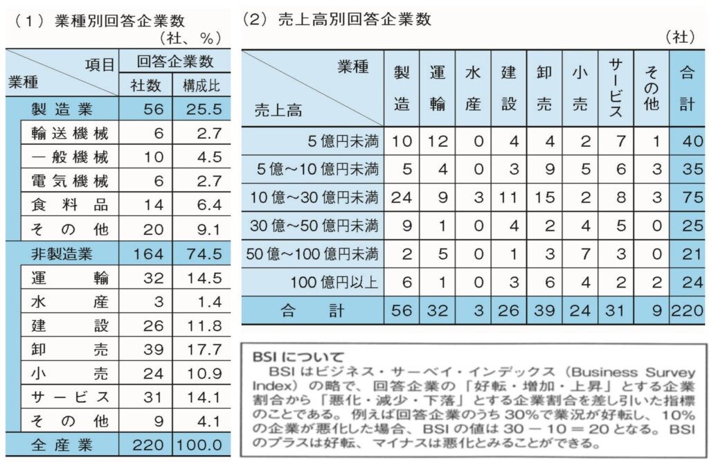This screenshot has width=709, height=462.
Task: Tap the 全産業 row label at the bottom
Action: pyautogui.click(x=60, y=443)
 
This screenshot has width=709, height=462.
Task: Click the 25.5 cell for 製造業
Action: pyautogui.click(x=202, y=109)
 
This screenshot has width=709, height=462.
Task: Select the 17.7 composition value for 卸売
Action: pyautogui.click(x=202, y=349)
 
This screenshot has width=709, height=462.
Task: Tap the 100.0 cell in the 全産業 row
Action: pyautogui.click(x=202, y=443)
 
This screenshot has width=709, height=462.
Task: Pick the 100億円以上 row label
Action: pyautogui.click(x=339, y=281)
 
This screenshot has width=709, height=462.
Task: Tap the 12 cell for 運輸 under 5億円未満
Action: pyautogui.click(x=437, y=143)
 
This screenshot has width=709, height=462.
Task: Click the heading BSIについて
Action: pyautogui.click(x=288, y=357)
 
